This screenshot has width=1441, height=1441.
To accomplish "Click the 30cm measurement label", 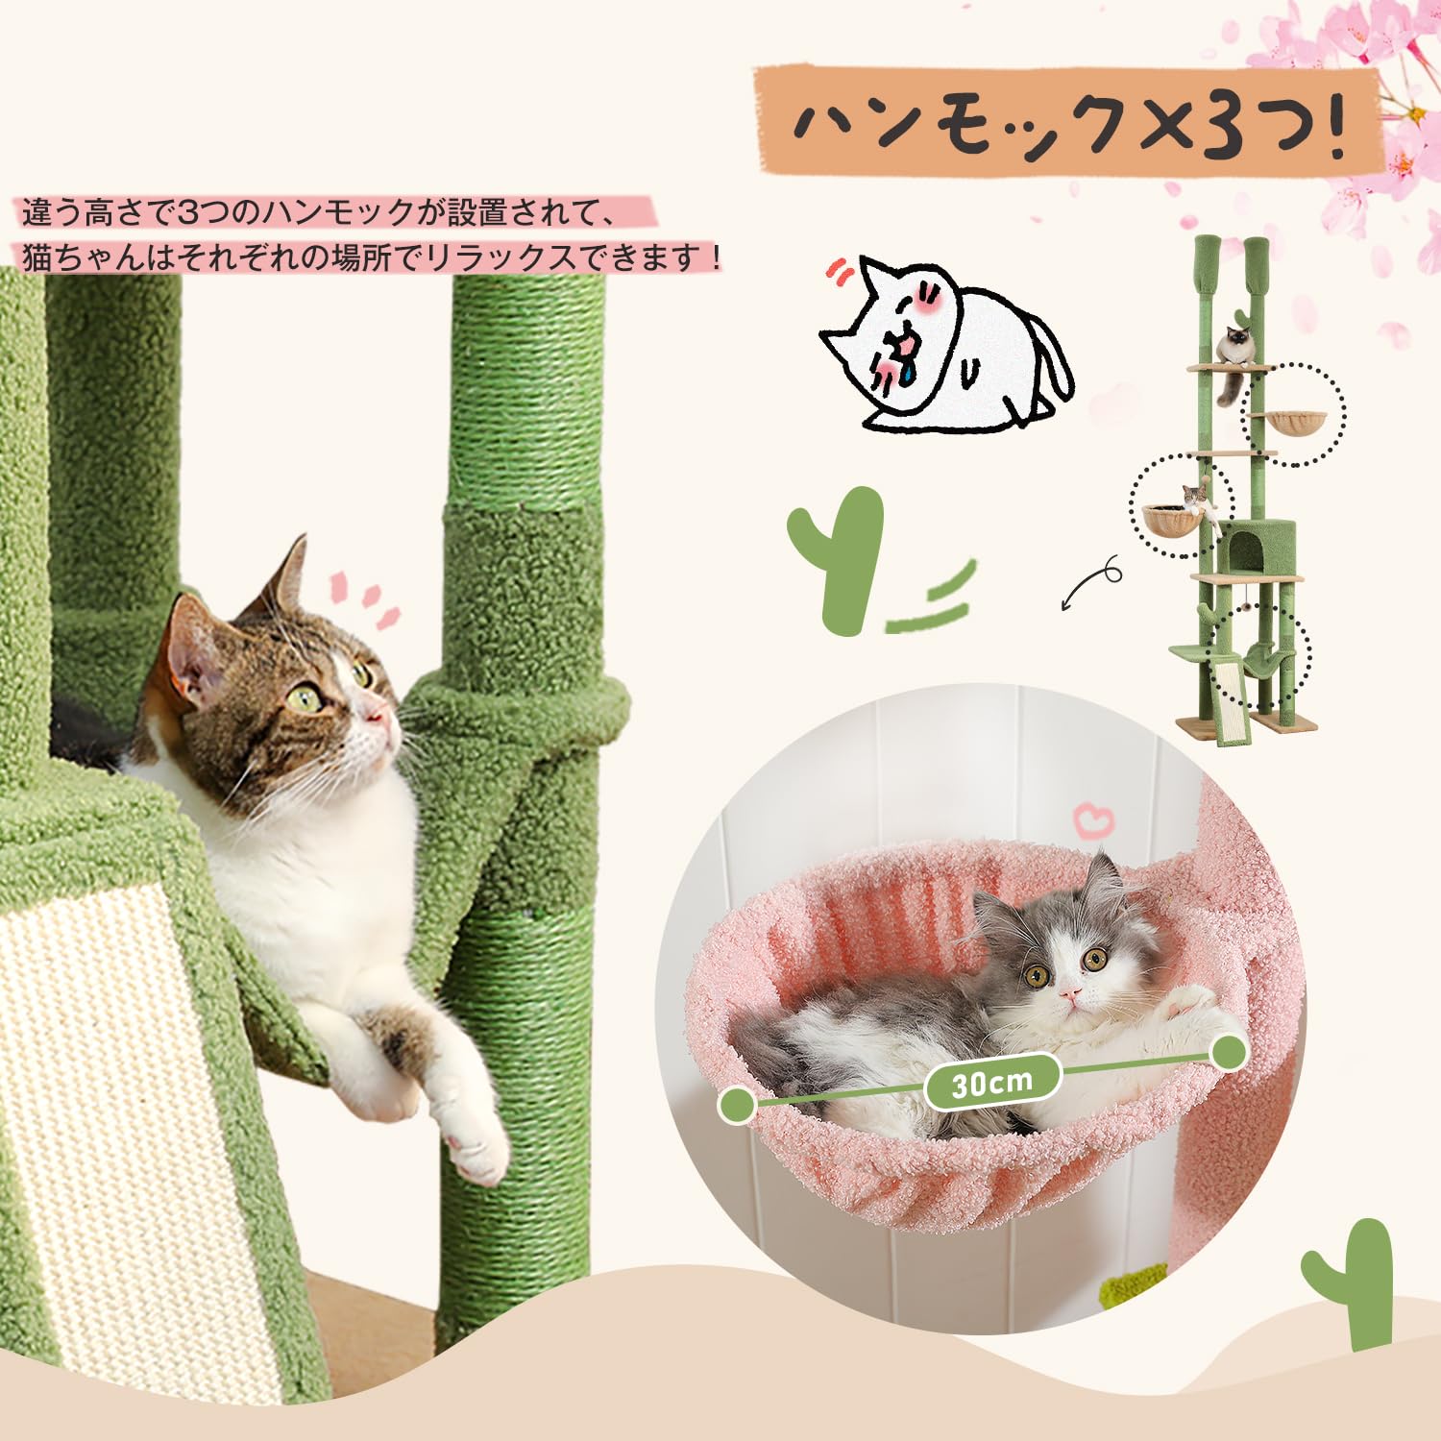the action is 992,1084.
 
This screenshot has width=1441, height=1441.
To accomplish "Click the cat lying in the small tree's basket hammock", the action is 1194,501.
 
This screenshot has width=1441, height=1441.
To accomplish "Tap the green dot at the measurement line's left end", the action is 737,1105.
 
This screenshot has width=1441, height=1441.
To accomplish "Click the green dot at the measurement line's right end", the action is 1228,1053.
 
